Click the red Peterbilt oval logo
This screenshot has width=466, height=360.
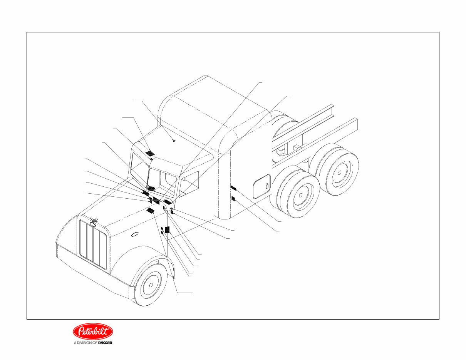tap(93, 331)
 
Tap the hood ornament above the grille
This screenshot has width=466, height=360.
tap(93, 221)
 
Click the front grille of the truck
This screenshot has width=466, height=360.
tap(93, 244)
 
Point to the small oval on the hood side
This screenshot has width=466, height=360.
tap(134, 235)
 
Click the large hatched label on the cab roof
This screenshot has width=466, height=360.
tap(150, 153)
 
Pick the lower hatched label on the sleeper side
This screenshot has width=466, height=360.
tap(233, 199)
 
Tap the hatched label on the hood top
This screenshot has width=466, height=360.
tap(150, 211)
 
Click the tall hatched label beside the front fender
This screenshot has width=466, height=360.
tap(167, 230)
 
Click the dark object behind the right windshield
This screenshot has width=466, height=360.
tap(151, 188)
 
